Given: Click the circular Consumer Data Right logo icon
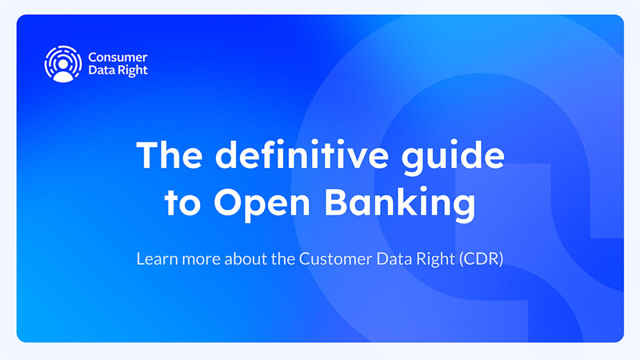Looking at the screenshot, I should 63,64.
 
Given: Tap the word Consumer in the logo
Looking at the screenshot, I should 117,57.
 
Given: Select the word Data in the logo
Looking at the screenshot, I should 99,70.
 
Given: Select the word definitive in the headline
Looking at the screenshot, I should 302,155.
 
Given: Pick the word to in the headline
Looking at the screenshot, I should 182,203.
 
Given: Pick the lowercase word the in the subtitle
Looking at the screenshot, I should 283,259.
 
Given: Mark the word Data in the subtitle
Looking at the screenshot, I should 394,259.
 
